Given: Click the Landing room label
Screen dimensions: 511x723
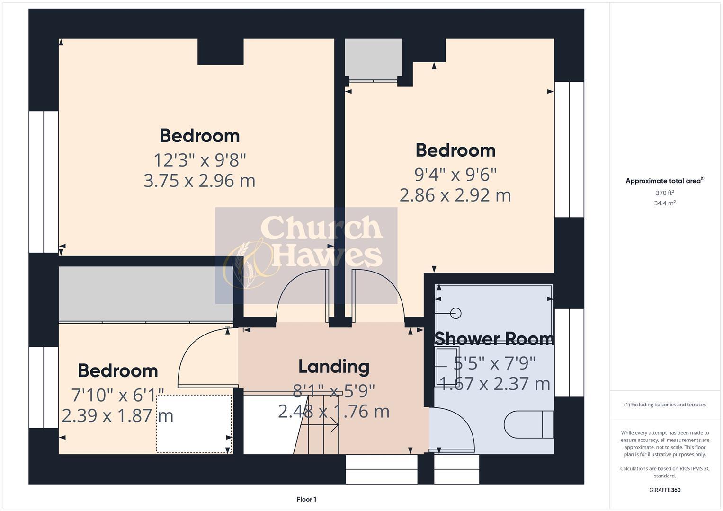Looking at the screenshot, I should pos(334,367).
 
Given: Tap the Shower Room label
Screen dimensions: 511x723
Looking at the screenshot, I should pos(494,339).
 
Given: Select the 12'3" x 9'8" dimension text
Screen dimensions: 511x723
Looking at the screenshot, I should pos(200,160).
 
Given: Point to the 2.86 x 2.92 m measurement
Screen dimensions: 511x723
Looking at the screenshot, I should pos(455,195).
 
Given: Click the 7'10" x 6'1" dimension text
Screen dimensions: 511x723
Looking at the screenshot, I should pos(117,394).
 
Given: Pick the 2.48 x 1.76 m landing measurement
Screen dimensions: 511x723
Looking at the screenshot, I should pos(334,411).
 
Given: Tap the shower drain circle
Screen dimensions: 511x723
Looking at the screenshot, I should pos(456,313).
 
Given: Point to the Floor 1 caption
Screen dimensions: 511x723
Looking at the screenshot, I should pos(306,499).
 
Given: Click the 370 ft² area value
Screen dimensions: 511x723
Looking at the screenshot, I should pos(665,193).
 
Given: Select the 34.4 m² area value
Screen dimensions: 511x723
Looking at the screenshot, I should pos(665,203).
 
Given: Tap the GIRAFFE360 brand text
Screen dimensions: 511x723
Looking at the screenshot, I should pos(665,490).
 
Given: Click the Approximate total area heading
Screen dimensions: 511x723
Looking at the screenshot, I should pos(665,181).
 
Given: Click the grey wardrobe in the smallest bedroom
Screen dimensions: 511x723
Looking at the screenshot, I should pos(145,294).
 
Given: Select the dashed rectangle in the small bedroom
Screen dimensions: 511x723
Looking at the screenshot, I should pos(194,423).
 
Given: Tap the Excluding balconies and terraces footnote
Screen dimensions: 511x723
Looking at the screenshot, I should pos(665,405).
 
